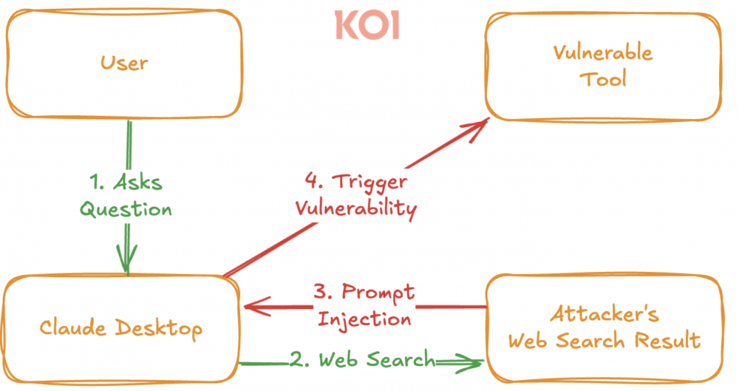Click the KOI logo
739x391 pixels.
(367, 25)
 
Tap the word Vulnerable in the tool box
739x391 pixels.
(602, 52)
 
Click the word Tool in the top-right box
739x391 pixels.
(602, 78)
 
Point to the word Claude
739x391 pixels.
(69, 327)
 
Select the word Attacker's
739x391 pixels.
(604, 313)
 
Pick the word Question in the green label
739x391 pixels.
(126, 209)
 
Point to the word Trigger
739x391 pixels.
(368, 181)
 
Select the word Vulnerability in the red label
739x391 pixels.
(355, 208)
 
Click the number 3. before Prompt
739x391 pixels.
(324, 292)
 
